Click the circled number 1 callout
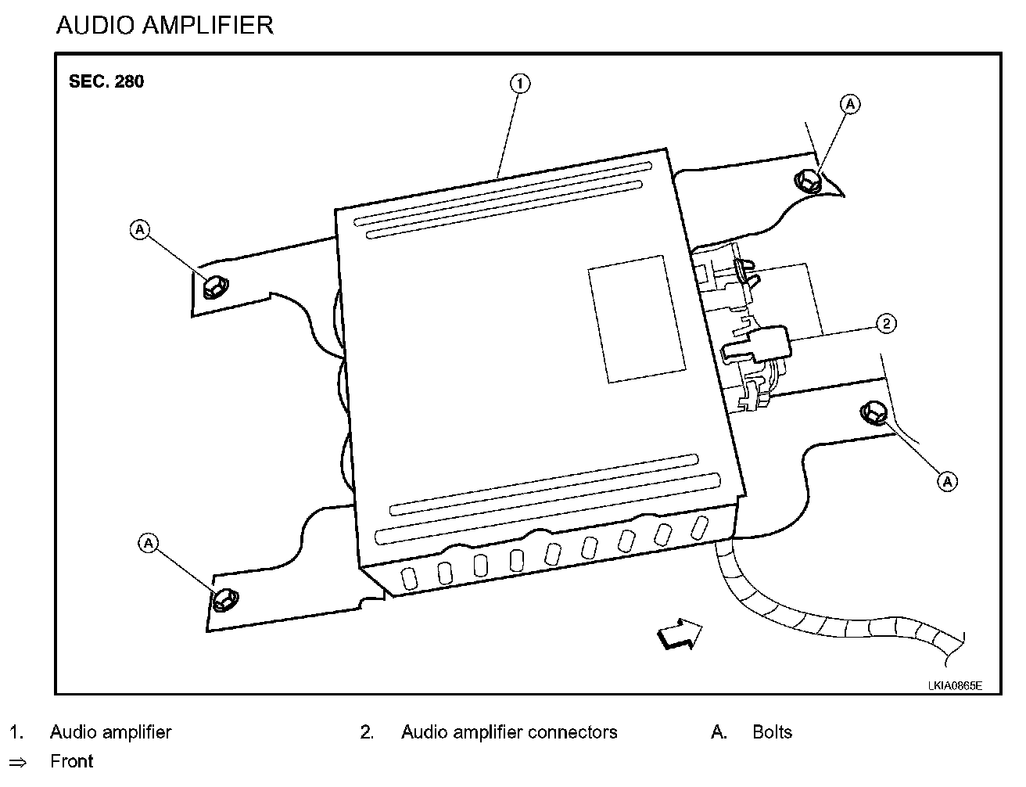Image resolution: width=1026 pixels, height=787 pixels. pyautogui.click(x=520, y=84)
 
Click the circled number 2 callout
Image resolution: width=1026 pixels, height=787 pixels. pyautogui.click(x=886, y=323)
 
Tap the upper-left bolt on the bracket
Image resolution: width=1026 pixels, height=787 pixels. pyautogui.click(x=215, y=286)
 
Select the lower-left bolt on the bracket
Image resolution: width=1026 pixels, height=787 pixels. pyautogui.click(x=224, y=599)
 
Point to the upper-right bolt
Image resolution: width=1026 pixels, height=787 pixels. pyautogui.click(x=808, y=181)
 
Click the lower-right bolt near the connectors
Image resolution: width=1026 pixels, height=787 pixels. pyautogui.click(x=874, y=413)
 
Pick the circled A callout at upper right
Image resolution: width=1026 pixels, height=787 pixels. pyautogui.click(x=850, y=104)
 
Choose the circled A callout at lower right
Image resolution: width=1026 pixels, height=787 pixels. pyautogui.click(x=947, y=482)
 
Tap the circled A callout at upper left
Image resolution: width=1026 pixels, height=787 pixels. pyautogui.click(x=140, y=229)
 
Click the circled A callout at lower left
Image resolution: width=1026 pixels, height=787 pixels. pyautogui.click(x=149, y=543)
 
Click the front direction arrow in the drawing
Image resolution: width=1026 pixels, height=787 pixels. pyautogui.click(x=680, y=634)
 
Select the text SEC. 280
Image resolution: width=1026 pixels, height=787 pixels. pyautogui.click(x=106, y=81)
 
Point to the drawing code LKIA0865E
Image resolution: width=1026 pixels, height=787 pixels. pyautogui.click(x=955, y=686)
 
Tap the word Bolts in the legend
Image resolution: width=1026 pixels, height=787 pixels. pyautogui.click(x=772, y=731)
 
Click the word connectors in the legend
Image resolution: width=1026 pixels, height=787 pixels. pyautogui.click(x=572, y=732)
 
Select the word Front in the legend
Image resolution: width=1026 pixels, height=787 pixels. pyautogui.click(x=72, y=761)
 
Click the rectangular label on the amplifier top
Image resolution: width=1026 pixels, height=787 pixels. pyautogui.click(x=637, y=319)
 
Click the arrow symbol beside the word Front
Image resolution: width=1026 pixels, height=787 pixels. pyautogui.click(x=18, y=763)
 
